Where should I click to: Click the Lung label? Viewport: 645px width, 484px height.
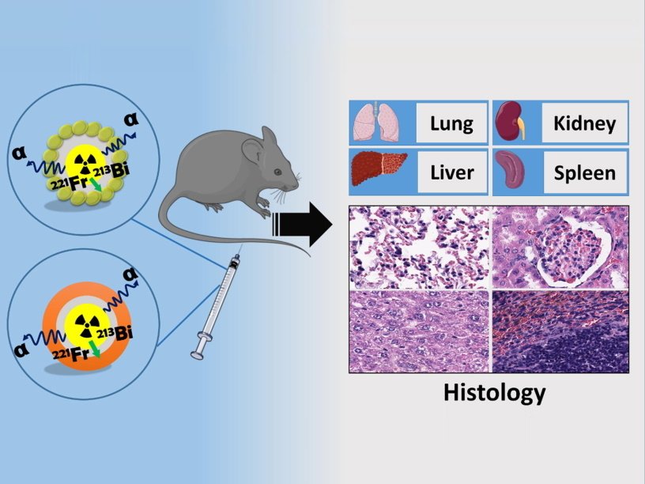pos(451,123)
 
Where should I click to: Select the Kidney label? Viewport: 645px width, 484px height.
pos(584,123)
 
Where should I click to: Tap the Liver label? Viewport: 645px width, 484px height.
pos(451,172)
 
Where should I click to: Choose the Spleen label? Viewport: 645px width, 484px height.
pos(584,172)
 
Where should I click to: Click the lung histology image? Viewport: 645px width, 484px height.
pos(419,248)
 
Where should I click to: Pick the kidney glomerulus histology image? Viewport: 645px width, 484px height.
pos(560,248)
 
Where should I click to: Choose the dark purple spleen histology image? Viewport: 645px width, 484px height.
pos(560,331)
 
